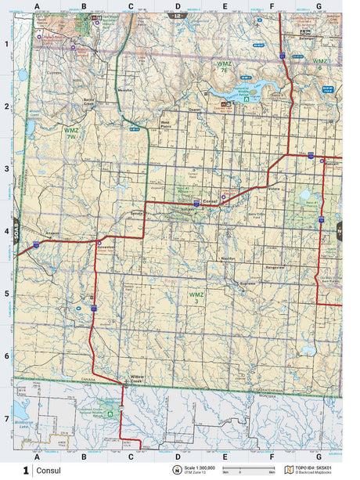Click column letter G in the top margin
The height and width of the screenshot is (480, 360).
pyautogui.click(x=319, y=6)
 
